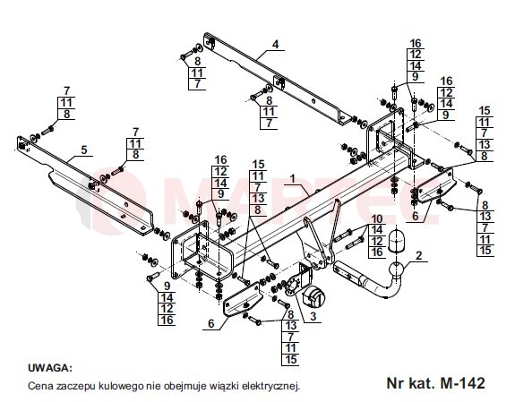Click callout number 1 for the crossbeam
point(292,179)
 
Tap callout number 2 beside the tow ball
point(418,255)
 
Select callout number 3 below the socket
point(313,316)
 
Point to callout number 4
point(275,44)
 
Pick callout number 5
point(84,150)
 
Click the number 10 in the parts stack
point(377,219)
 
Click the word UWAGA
point(49,367)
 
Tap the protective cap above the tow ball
point(397,242)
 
